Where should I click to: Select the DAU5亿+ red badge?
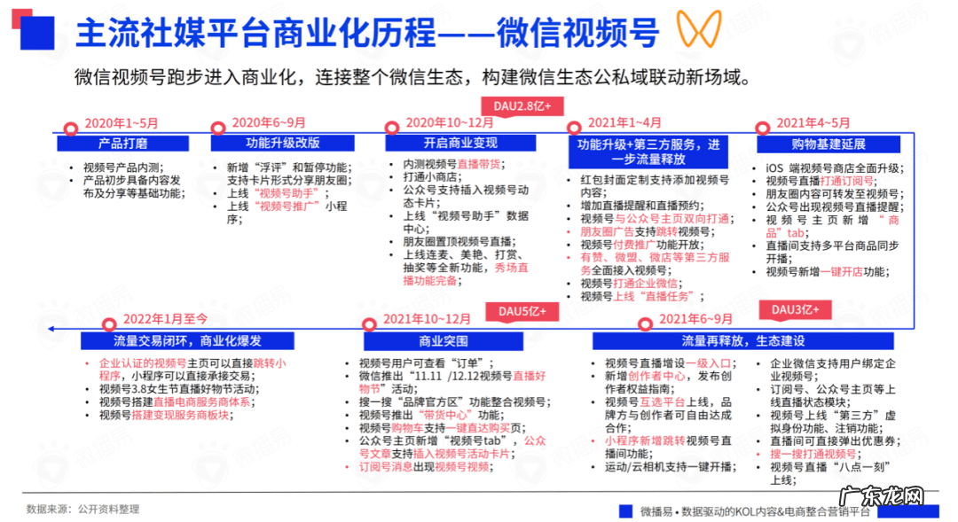pyautogui.click(x=522, y=312)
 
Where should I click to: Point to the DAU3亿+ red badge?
pyautogui.click(x=795, y=309)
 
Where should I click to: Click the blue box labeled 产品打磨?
pyautogui.click(x=123, y=143)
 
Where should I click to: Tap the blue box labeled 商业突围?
pyautogui.click(x=444, y=340)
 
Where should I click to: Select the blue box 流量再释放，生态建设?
pyautogui.click(x=742, y=340)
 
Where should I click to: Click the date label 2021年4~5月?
pyautogui.click(x=813, y=123)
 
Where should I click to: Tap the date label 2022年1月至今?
pyautogui.click(x=165, y=319)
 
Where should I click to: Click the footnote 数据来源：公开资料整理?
pyautogui.click(x=82, y=509)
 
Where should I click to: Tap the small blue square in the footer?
pyautogui.click(x=628, y=510)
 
